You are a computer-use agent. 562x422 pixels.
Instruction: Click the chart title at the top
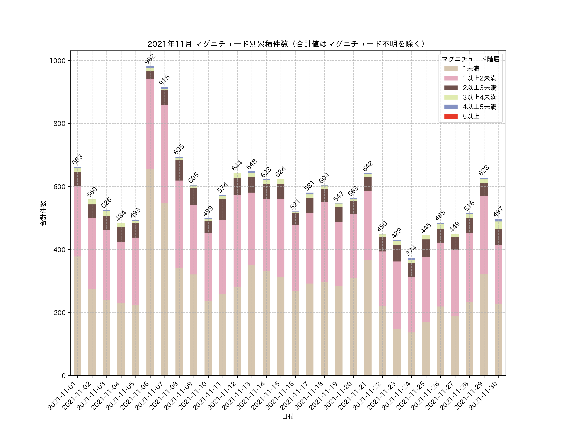[x=287, y=44]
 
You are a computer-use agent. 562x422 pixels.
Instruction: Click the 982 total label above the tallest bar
[x=150, y=59]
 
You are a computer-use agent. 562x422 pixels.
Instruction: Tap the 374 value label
[x=411, y=251]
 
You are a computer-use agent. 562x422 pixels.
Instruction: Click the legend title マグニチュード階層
[x=471, y=59]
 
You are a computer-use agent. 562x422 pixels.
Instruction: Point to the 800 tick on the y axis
[x=59, y=124]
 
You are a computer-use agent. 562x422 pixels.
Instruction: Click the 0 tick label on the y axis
[x=64, y=376]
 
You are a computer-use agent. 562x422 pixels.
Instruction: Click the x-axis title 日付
[x=288, y=416]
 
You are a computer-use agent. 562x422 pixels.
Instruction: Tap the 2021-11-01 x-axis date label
[x=62, y=396]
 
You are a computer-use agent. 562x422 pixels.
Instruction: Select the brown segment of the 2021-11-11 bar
[x=223, y=209]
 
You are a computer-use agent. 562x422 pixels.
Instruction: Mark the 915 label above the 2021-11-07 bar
[x=164, y=80]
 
